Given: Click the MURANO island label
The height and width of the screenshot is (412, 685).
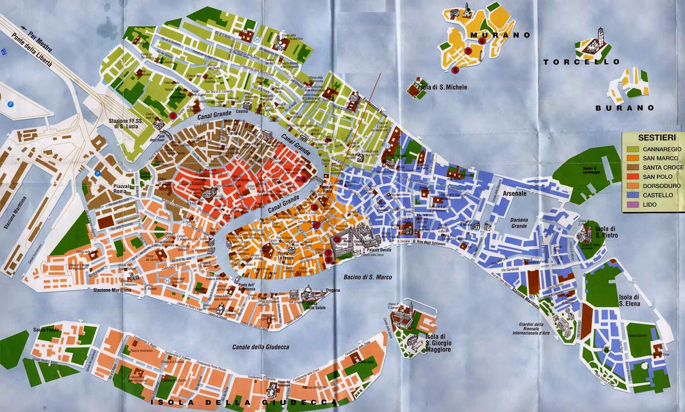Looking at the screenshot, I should point(500,35).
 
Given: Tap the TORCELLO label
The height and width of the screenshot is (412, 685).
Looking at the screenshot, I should point(581,62).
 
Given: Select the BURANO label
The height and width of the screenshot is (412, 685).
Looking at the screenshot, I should point(625,108).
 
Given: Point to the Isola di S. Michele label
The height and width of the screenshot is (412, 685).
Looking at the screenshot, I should point(443,87).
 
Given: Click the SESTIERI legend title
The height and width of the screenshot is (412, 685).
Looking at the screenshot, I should point(657,138).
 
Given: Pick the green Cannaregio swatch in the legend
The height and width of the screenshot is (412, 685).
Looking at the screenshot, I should point(632,149).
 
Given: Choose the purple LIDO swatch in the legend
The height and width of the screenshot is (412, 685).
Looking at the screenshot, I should point(632,205).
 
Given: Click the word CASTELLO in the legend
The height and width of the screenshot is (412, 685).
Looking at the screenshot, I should point(658,195).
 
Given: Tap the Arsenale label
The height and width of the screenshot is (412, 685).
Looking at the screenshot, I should point(514,193).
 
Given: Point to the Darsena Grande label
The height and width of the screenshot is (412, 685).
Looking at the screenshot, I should point(519,223).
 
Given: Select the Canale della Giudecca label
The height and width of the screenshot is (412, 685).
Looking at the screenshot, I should point(260,347).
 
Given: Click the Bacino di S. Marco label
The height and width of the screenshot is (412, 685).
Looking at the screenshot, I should point(367,277).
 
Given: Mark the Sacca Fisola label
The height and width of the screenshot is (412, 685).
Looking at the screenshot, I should point(46,330).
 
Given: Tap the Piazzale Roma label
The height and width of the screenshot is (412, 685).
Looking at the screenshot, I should point(123,189).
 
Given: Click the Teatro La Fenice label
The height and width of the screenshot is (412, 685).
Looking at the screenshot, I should point(286,256).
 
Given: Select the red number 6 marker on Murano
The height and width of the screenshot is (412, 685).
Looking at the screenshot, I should point(482,41).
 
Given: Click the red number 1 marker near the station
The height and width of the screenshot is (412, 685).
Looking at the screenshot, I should point(173,115).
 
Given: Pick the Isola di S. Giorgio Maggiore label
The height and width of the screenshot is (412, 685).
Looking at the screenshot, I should point(438,343).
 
